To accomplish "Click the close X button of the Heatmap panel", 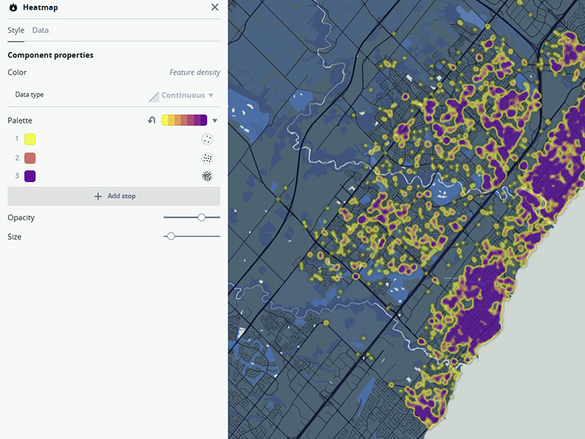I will [214, 7].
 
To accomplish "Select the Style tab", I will [16, 31].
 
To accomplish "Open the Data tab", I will [40, 31].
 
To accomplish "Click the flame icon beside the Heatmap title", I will [13, 7].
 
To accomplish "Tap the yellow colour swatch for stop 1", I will [30, 139].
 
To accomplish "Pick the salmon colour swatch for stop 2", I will [30, 158].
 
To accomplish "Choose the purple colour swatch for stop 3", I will [30, 176].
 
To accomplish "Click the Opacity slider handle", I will [201, 217].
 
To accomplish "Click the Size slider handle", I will [170, 236].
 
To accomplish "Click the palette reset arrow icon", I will [152, 121].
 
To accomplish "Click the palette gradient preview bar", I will [184, 121].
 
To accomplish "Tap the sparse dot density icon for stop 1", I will [207, 139].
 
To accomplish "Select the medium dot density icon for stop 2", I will [207, 158].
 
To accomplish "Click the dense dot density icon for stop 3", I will [207, 176].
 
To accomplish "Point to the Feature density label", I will [195, 73].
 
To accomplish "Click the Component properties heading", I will [50, 56].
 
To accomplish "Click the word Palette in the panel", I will [20, 121].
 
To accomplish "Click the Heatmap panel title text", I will [41, 7].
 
